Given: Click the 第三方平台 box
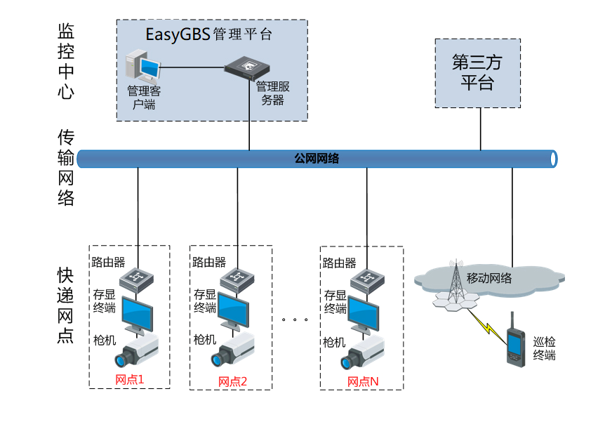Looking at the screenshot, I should click(x=477, y=73).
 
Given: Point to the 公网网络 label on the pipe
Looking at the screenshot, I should click(x=317, y=159).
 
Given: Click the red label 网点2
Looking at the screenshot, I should click(x=233, y=381).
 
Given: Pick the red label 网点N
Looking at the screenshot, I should click(x=363, y=381).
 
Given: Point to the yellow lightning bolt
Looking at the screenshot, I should click(x=487, y=322).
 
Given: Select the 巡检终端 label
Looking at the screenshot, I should click(x=544, y=348).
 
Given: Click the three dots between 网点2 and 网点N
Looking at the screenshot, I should click(x=295, y=320).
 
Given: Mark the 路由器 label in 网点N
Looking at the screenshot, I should click(x=340, y=263).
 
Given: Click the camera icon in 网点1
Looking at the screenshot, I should click(x=137, y=351).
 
